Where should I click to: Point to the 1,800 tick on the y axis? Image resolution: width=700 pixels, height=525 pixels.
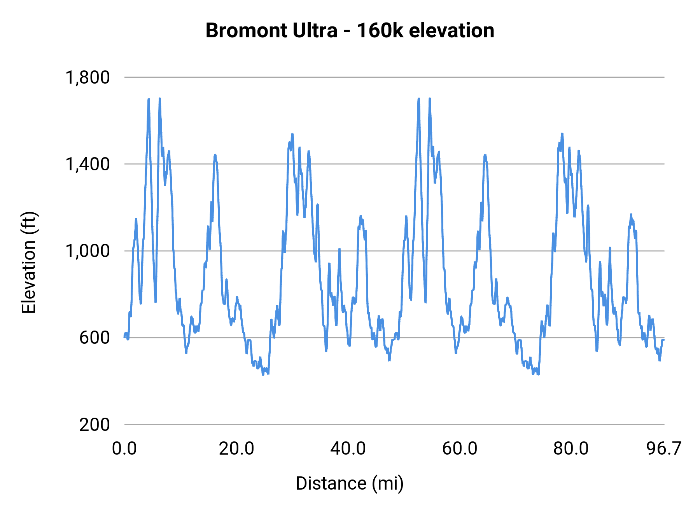(x=88, y=77)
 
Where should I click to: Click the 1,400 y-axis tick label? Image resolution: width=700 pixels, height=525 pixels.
(x=88, y=164)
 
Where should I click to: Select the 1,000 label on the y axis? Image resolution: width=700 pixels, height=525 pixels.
(x=88, y=251)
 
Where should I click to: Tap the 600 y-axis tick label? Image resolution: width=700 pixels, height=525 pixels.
(x=94, y=338)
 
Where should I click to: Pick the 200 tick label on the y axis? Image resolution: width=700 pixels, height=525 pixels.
(x=94, y=424)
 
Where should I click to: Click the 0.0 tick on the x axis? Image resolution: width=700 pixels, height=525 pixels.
(x=124, y=449)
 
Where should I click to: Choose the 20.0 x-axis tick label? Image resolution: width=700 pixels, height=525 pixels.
(x=236, y=449)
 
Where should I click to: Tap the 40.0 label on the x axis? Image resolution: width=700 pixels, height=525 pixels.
(x=348, y=449)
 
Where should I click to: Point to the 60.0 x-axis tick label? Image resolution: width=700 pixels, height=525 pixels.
(x=460, y=449)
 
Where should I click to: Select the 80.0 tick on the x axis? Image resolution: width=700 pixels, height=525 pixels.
(x=571, y=449)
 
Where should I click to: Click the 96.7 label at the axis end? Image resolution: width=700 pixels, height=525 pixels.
(x=664, y=449)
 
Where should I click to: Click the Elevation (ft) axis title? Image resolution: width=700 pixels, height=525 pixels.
(x=29, y=262)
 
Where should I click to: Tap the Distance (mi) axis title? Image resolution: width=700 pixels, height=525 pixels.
(x=350, y=483)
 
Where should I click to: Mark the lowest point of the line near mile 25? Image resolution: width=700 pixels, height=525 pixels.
(x=263, y=374)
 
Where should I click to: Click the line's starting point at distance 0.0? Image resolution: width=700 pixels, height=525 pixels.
(x=125, y=337)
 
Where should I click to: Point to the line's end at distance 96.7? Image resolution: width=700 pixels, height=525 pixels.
(x=664, y=340)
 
